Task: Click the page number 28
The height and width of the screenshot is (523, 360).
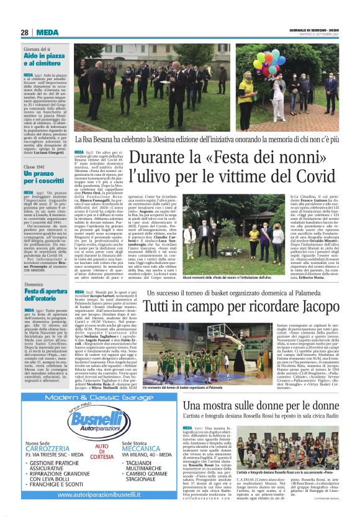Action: pyautogui.click(x=24, y=33)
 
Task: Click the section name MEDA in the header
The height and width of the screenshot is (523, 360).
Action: pyautogui.click(x=47, y=33)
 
